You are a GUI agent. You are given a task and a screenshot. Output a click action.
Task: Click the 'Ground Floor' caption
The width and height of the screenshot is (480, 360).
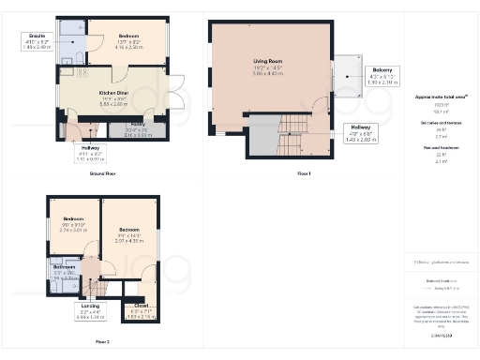coord(102,173)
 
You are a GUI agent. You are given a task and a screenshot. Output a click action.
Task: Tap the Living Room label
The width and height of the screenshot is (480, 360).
coord(262,70)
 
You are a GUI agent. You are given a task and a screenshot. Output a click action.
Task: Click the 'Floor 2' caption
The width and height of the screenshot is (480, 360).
coord(101,342)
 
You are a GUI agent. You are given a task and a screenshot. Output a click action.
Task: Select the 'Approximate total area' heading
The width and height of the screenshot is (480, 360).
coord(433,97)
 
